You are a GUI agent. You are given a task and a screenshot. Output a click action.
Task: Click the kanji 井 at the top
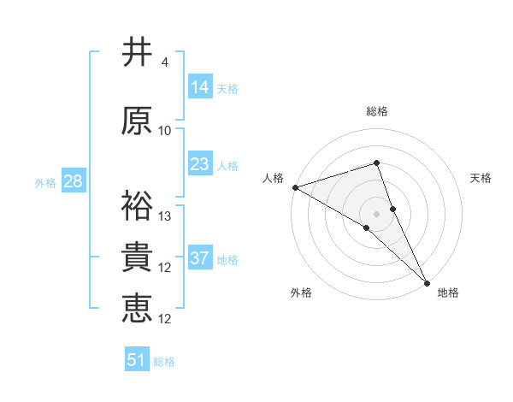click(137, 53)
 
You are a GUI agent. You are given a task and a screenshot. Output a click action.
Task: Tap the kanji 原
click(137, 121)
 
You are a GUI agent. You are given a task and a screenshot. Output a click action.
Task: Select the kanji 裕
click(137, 206)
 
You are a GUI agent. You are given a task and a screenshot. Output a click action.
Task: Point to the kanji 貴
click(137, 257)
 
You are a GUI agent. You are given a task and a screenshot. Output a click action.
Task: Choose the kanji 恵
click(137, 309)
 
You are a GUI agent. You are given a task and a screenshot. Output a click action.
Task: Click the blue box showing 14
click(200, 87)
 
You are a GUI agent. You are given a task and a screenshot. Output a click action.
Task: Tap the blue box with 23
click(200, 164)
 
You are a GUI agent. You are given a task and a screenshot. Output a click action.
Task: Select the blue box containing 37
click(200, 258)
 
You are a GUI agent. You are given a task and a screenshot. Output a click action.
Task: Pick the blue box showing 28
click(73, 181)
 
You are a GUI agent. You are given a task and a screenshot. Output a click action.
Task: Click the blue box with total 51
click(137, 360)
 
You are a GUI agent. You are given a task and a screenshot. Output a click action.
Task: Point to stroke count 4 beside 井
click(164, 62)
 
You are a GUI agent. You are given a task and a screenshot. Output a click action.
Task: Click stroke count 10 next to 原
click(165, 131)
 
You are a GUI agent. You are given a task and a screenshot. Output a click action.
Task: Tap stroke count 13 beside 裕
click(166, 216)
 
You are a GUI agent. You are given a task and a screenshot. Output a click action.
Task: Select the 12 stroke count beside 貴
click(166, 268)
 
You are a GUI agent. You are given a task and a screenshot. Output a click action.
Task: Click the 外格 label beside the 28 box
click(44, 182)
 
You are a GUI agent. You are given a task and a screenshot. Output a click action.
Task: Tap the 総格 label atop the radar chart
click(376, 111)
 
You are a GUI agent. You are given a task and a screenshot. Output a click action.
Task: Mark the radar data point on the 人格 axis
click(295, 186)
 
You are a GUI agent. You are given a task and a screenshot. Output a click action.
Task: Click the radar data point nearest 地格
click(427, 281)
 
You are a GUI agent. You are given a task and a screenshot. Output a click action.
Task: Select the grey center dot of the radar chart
click(376, 212)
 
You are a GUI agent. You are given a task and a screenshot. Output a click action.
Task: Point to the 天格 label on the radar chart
click(481, 178)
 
